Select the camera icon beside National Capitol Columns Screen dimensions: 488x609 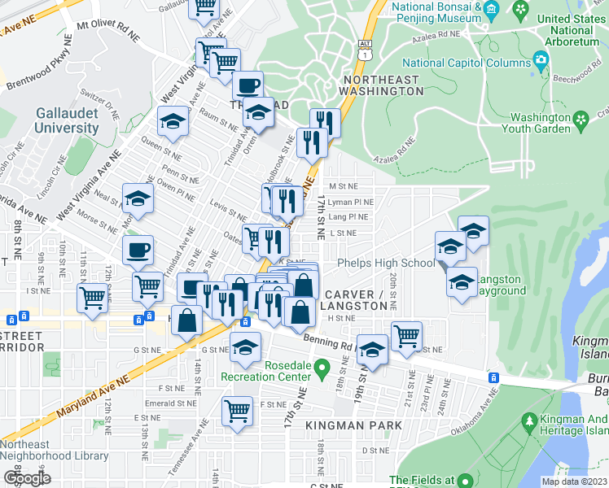pos(540,59)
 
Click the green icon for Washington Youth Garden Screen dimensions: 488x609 pos(581,122)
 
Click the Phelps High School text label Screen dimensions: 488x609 pos(387,263)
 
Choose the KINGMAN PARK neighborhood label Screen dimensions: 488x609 pos(354,425)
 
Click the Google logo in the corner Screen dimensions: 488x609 pos(28,478)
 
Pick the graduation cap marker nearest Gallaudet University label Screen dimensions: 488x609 pos(173,121)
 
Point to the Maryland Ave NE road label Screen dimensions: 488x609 pos(94,395)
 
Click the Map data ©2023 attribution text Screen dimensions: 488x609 pos(573,481)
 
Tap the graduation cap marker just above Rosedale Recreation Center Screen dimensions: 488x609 pos(244,346)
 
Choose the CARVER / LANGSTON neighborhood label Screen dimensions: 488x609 pos(355,299)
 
